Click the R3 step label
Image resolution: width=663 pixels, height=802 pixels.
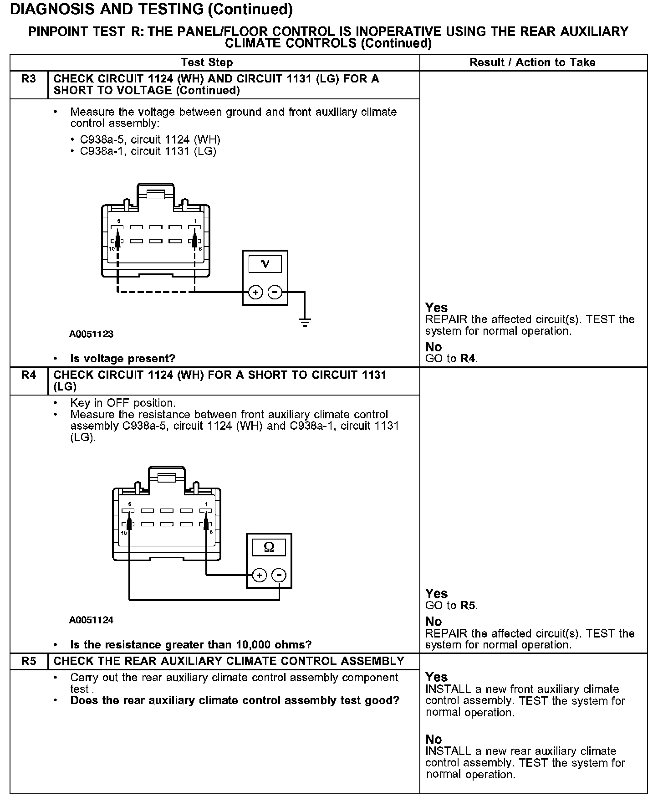tap(28, 79)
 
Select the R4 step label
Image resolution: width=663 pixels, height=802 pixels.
tap(28, 375)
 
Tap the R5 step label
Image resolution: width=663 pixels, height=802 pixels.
tap(28, 661)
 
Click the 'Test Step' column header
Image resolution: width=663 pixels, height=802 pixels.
tap(207, 62)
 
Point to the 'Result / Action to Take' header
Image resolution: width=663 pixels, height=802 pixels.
tap(532, 62)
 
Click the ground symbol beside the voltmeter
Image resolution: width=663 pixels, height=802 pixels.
tap(304, 323)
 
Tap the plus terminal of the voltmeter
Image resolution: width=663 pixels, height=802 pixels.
tap(256, 292)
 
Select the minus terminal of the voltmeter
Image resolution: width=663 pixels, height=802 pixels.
tap(275, 292)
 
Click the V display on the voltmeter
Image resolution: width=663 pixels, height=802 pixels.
tap(265, 264)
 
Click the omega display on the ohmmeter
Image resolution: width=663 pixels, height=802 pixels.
tap(269, 547)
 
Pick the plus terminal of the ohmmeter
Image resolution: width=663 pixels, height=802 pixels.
tap(260, 576)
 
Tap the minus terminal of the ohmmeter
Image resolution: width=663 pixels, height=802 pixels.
tap(279, 576)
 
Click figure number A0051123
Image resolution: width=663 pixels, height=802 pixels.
tap(91, 334)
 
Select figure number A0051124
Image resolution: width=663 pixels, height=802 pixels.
tap(91, 620)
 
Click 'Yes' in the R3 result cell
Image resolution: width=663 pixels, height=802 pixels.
tap(436, 308)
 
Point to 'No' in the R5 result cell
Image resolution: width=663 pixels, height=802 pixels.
tap(433, 740)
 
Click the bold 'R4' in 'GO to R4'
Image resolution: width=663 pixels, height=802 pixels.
tap(469, 359)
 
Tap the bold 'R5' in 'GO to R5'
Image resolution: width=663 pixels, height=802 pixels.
tap(469, 606)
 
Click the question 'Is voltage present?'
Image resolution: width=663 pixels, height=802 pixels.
tap(122, 359)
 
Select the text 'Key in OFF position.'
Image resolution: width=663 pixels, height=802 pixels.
tap(122, 403)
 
